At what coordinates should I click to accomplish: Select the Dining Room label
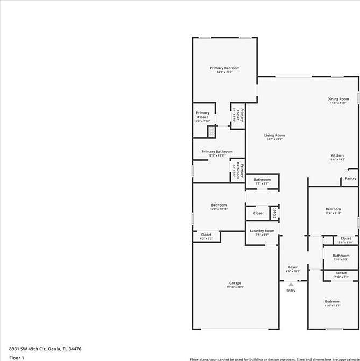pyautogui.click(x=337, y=101)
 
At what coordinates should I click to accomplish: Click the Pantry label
pyautogui.click(x=350, y=178)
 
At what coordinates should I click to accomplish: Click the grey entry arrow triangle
pyautogui.click(x=291, y=284)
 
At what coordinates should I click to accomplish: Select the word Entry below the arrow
pyautogui.click(x=291, y=291)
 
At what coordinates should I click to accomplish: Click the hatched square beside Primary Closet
pyautogui.click(x=211, y=131)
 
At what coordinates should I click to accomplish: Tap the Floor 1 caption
pyautogui.click(x=17, y=357)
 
